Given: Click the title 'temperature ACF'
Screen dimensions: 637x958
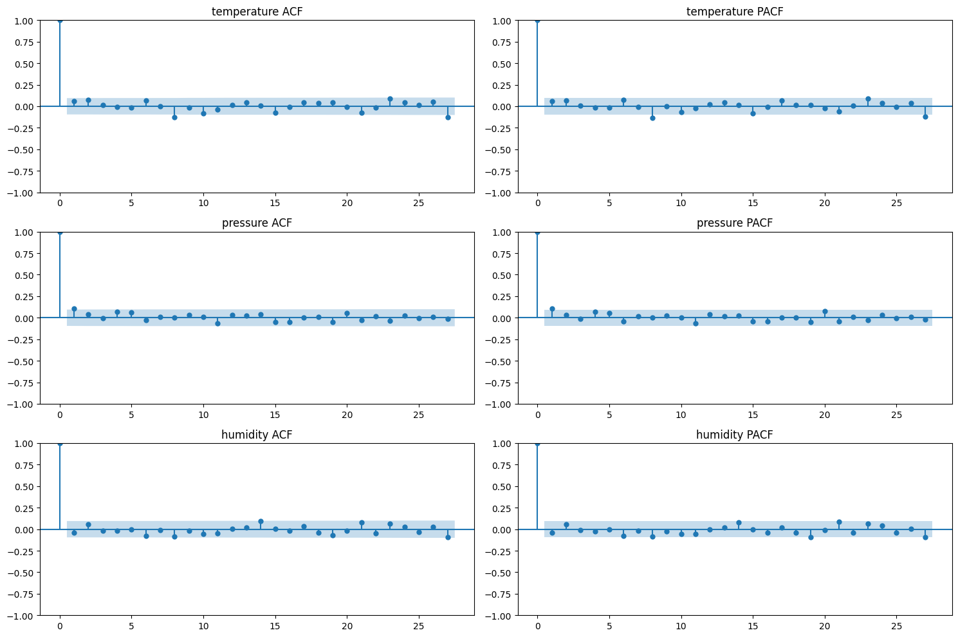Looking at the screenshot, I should coord(257,12).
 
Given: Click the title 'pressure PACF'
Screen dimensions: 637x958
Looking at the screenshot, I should coord(734,223).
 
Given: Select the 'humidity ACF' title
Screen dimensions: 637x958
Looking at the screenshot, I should coord(257,435).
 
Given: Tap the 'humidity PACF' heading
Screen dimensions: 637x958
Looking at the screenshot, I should coord(734,435).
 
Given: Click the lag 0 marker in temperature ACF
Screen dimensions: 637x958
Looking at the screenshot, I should coord(60,21).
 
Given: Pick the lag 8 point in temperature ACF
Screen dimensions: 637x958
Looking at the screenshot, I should coord(174,117).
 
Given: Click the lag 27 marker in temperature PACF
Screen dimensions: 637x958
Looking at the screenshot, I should coord(925,117).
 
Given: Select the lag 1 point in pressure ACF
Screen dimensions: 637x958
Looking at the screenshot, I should coord(74,309).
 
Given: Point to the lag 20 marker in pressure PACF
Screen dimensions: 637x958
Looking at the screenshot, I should coord(825,311).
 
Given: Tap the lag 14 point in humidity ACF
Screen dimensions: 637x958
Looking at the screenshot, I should coord(261,521).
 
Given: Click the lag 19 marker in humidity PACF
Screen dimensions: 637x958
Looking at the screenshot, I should coord(811,537).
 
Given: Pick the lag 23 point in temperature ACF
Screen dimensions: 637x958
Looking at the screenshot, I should coord(390,99).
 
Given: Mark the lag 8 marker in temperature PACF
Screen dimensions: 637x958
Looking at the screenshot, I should coord(652,118).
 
